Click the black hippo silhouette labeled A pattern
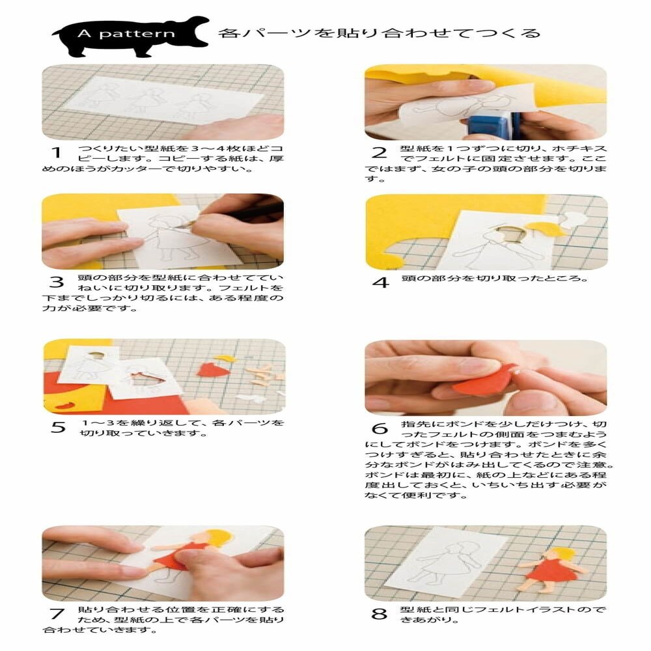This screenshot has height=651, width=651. pos(130,36)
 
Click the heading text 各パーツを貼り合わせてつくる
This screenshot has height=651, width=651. pos(379,33)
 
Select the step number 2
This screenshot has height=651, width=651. pos(380,154)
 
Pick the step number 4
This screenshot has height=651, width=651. pos(380,283)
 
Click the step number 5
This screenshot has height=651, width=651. pos(58,428)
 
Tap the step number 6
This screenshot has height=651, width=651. pos(380,428)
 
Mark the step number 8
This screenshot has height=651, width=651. pos(380,613)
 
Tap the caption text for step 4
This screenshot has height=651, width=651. pos(495,279)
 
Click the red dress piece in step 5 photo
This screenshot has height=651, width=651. pos(210,370)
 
